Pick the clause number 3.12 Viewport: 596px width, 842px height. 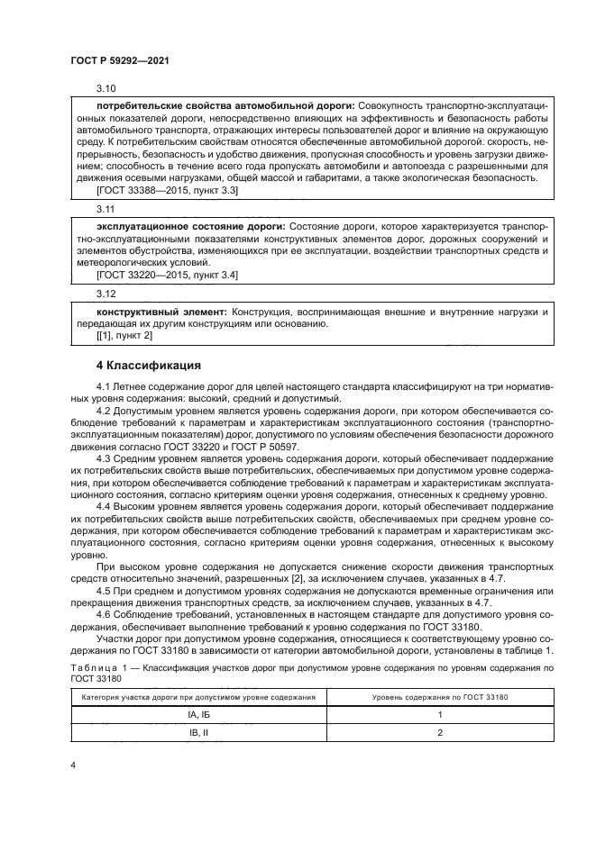click(x=105, y=294)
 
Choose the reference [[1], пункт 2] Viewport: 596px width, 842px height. click(x=124, y=335)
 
